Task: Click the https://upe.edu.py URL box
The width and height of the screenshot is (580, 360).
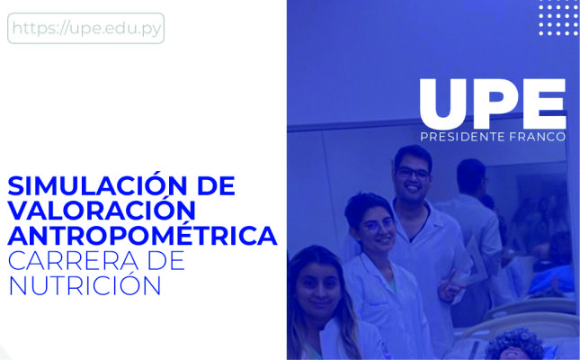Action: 85,28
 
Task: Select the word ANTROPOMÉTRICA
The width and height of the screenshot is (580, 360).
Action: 142,235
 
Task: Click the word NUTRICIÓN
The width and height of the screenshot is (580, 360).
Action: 85,284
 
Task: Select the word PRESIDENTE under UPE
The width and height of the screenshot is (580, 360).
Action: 463,137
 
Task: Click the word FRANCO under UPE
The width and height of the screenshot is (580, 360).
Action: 538,137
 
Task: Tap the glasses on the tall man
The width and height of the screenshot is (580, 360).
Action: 413,173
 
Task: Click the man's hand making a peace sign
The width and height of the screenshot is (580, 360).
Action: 451,284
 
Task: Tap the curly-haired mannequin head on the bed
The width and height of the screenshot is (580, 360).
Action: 514,345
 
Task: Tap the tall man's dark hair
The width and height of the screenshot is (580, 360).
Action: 413,156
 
